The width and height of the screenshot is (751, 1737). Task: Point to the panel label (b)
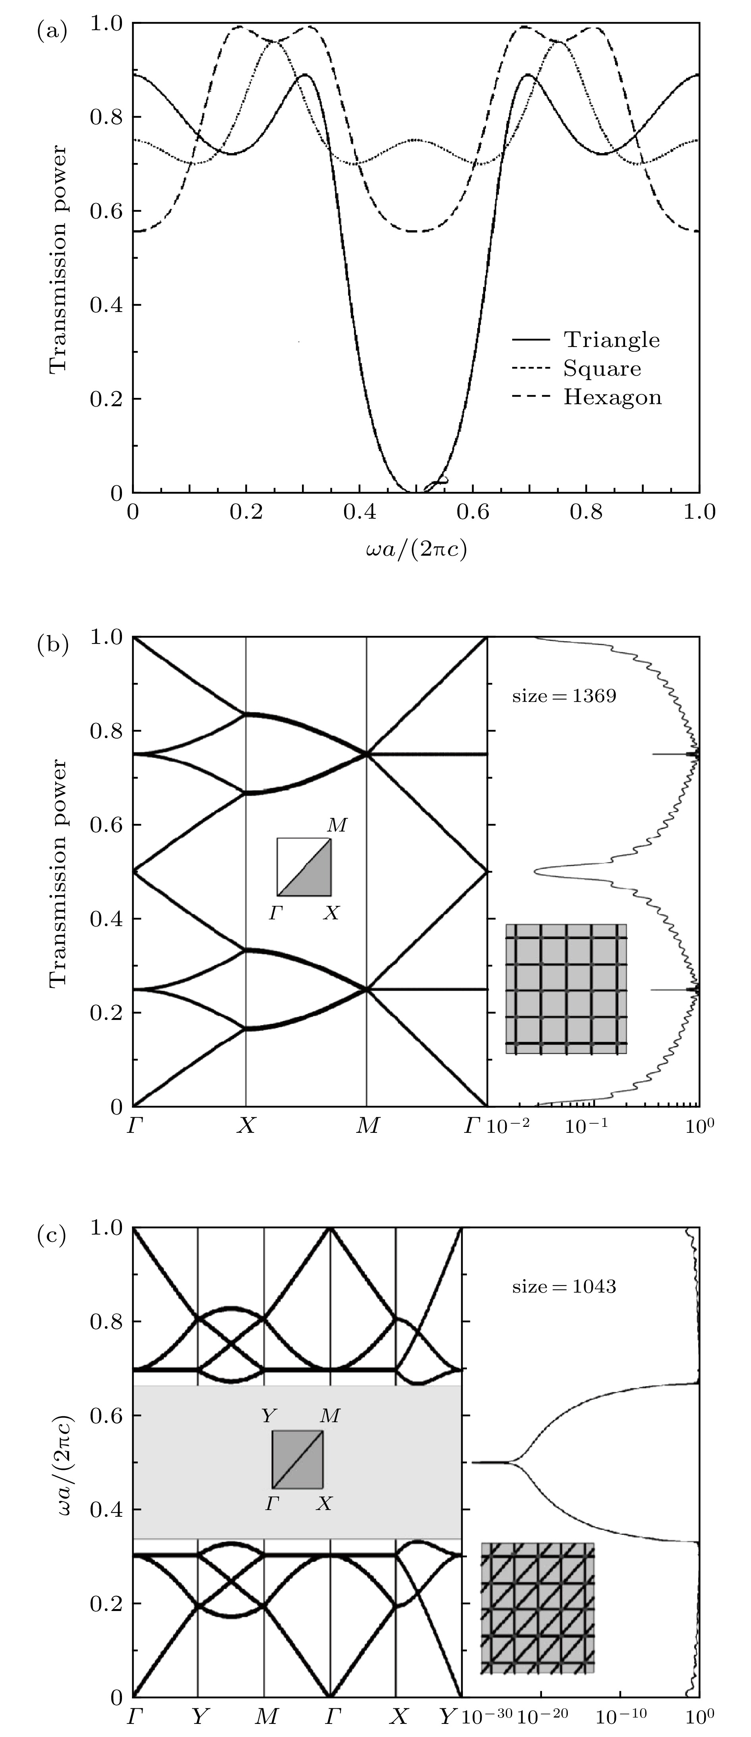tap(52, 645)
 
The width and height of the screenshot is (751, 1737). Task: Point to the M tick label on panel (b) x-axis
tap(368, 1125)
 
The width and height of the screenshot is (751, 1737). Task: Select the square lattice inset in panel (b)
tap(566, 989)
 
